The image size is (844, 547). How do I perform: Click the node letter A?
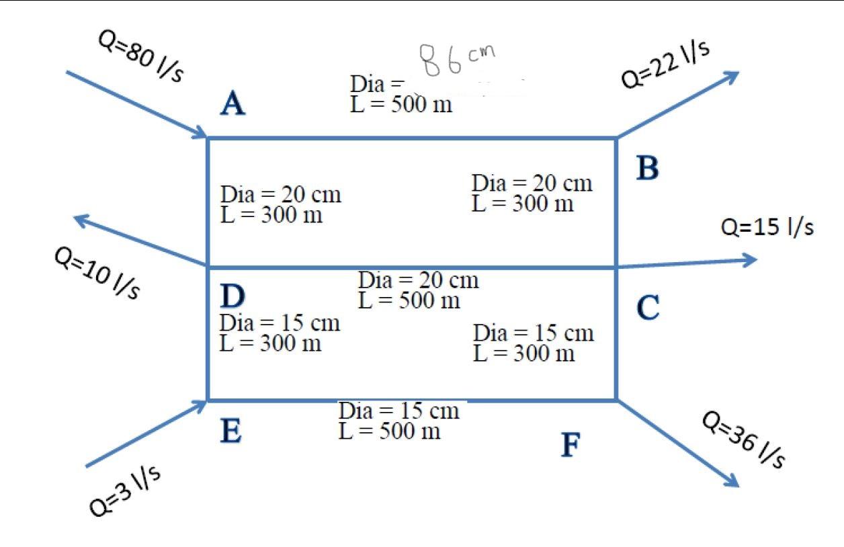[233, 104]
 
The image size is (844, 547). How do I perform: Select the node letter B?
[648, 168]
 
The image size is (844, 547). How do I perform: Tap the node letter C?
[648, 308]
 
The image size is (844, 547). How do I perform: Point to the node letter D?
[232, 296]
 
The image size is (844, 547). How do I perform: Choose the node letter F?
[571, 445]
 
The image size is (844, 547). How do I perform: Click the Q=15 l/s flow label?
[767, 227]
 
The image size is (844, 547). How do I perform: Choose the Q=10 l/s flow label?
[97, 273]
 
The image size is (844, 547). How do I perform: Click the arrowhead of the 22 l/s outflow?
[732, 75]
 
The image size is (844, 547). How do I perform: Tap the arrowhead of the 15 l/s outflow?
[751, 259]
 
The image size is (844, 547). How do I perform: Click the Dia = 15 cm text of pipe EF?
[399, 411]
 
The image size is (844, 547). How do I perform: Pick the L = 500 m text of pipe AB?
[401, 105]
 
